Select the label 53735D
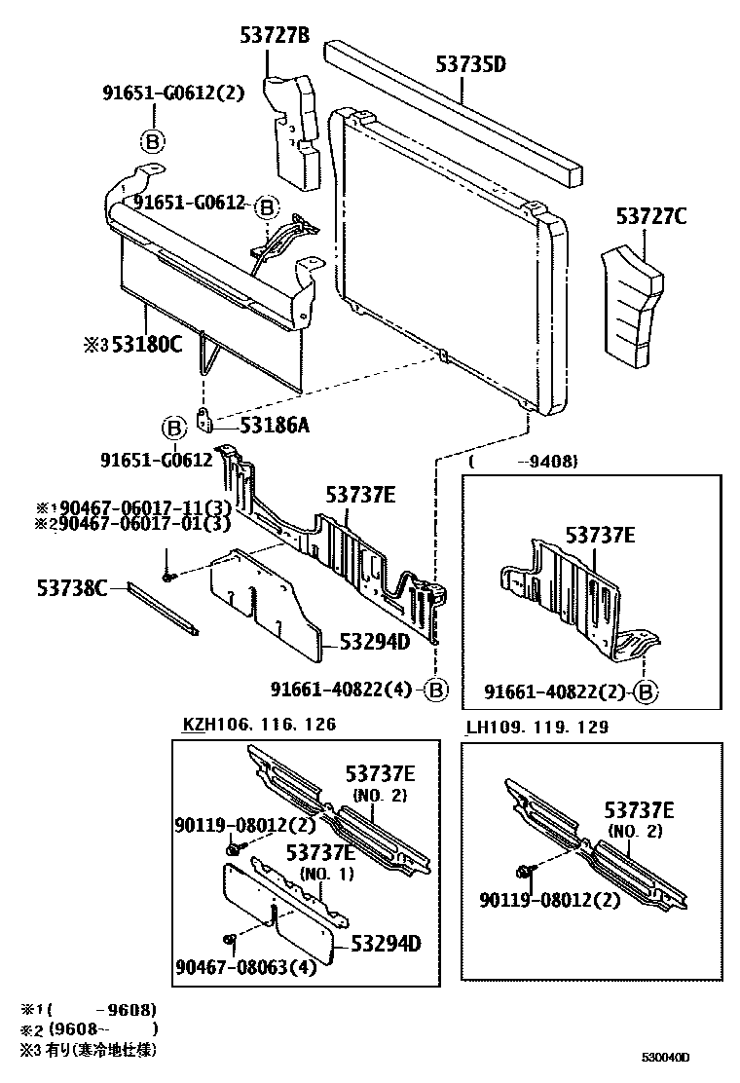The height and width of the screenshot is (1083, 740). click(471, 65)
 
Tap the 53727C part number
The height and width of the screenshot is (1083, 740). click(650, 216)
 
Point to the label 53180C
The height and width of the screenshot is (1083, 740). click(145, 344)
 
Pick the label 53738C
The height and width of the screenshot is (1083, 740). click(72, 587)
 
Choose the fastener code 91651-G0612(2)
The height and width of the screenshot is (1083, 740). click(173, 94)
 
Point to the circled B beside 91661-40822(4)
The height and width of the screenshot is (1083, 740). click(435, 691)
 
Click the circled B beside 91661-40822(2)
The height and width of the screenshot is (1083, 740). click(645, 692)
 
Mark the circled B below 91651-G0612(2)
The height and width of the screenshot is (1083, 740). click(153, 142)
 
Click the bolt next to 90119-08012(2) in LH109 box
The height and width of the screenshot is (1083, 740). click(525, 869)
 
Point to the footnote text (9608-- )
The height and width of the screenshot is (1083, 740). click(103, 1027)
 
